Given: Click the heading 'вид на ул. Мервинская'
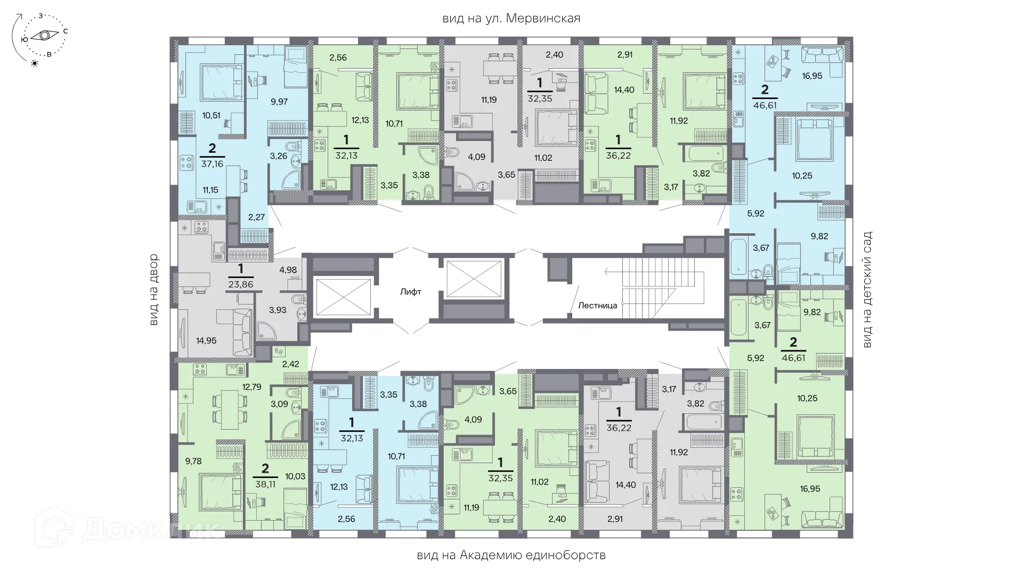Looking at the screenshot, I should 511,19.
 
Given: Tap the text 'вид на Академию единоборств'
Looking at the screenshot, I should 511,555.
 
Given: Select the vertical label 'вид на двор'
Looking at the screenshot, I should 154,290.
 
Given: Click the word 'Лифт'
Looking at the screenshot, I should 411,292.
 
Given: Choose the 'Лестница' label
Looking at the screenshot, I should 597,306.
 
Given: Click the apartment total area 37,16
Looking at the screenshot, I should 212,164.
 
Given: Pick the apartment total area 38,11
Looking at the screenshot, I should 265,485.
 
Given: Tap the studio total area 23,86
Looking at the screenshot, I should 241,284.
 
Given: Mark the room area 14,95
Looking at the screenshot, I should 206,341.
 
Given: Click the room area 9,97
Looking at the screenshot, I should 279,101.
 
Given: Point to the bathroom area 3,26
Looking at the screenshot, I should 279,156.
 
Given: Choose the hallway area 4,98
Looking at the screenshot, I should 288,269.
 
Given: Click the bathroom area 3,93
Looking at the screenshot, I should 277,309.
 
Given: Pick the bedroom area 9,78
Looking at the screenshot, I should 193,461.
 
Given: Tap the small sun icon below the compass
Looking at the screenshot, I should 35,63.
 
